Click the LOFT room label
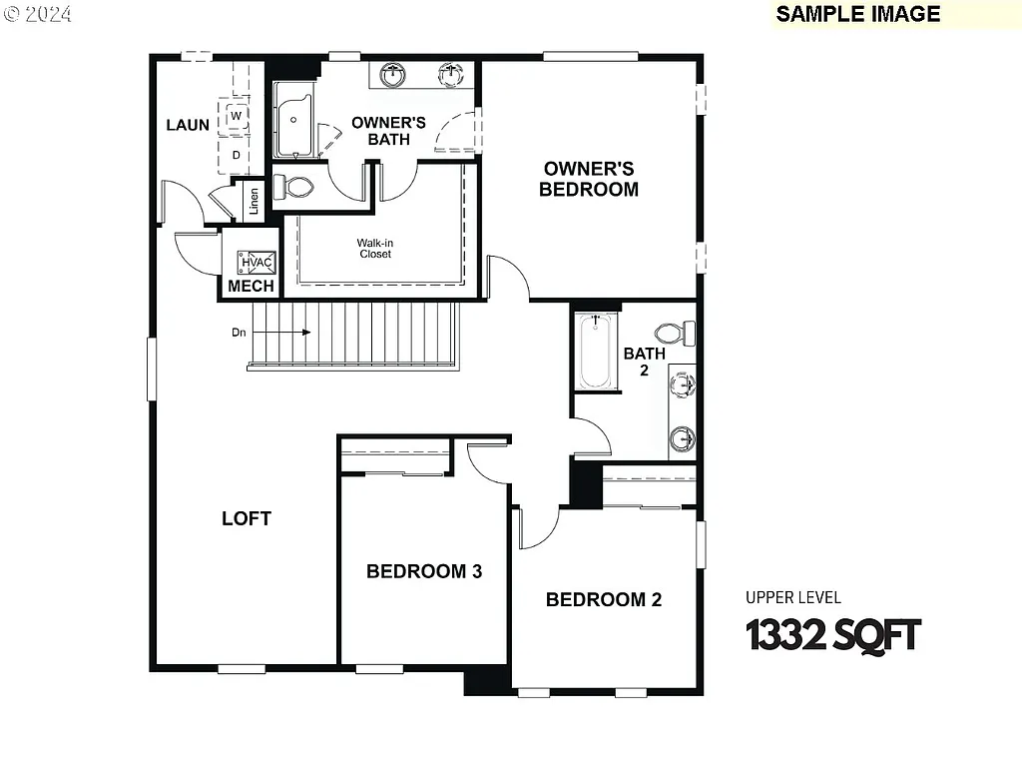(x=247, y=518)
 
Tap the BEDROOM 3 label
(x=424, y=571)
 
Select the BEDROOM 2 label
(x=604, y=599)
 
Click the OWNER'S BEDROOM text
(x=589, y=179)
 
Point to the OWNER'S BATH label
(x=388, y=131)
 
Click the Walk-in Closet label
(x=375, y=248)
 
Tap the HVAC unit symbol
(x=256, y=263)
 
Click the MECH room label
(x=251, y=287)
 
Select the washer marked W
(x=237, y=116)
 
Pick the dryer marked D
(x=237, y=155)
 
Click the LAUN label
(x=188, y=125)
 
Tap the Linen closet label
(x=255, y=201)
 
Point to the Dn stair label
(x=239, y=333)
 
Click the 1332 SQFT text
(x=833, y=634)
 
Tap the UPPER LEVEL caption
(x=793, y=597)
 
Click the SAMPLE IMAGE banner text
(x=858, y=13)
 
